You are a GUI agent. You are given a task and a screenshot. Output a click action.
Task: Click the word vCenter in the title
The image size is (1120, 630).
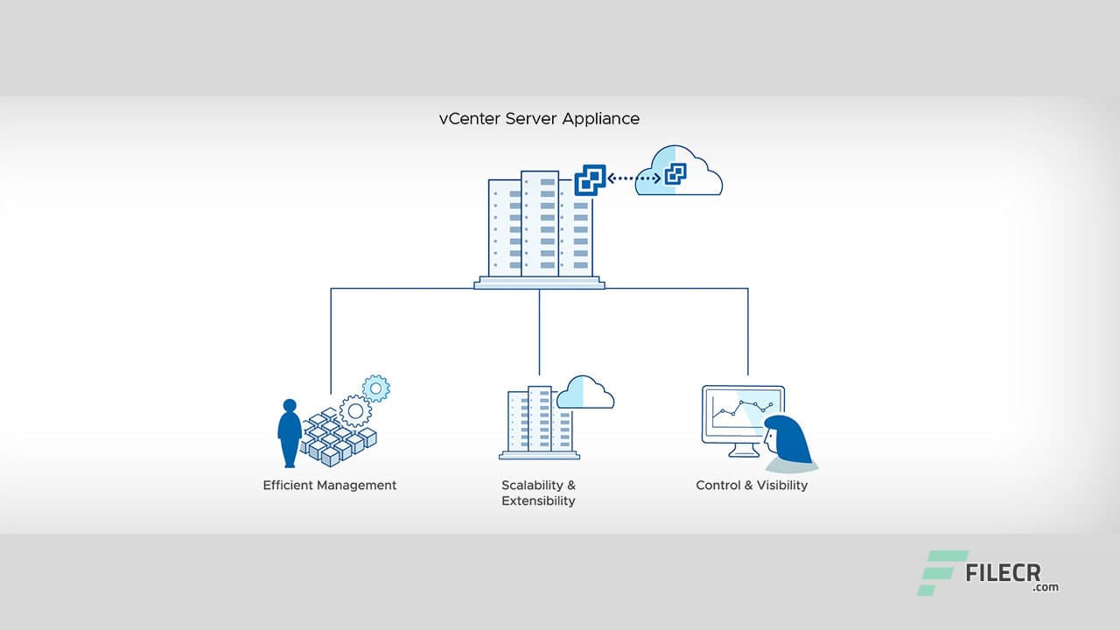[x=469, y=118]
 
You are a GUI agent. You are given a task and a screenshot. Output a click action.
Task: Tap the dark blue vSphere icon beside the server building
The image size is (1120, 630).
[x=590, y=180]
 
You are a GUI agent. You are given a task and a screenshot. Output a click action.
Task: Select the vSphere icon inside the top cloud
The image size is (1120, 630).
[x=675, y=175]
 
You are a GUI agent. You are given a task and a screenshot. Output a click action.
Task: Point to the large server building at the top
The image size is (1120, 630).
[x=539, y=227]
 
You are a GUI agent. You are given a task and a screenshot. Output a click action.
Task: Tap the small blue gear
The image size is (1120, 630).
[x=376, y=388]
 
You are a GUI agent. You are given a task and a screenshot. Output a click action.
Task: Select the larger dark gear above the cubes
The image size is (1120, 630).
[x=354, y=409]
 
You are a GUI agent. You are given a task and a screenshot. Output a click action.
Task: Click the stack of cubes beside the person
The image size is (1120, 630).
[x=337, y=437]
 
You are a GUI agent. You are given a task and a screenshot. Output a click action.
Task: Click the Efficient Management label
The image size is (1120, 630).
[x=330, y=485]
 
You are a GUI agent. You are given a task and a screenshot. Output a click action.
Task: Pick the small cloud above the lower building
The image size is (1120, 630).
[x=584, y=393]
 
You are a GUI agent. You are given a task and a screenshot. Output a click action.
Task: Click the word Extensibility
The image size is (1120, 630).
[x=538, y=501]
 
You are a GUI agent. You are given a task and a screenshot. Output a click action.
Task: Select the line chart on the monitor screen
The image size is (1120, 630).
[x=744, y=411]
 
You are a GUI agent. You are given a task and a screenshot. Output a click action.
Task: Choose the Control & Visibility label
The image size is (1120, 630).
[x=752, y=485]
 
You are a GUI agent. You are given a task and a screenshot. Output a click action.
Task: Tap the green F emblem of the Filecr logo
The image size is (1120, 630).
[x=941, y=572]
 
